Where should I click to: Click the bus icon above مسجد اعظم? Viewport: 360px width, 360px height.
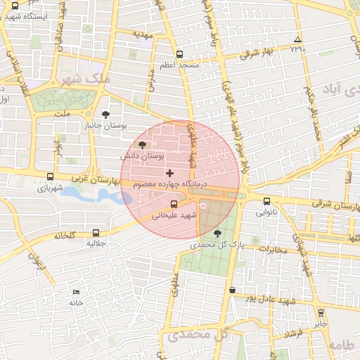click(179, 54)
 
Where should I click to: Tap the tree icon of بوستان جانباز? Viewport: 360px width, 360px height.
click(105, 114)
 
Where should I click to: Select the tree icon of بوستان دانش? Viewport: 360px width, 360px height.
click(143, 144)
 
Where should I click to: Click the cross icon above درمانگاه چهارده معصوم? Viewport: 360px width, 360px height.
click(169, 173)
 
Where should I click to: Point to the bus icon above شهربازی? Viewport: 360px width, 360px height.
click(49, 177)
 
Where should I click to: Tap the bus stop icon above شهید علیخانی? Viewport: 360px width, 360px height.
click(174, 204)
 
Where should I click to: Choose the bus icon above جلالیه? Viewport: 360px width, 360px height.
click(96, 233)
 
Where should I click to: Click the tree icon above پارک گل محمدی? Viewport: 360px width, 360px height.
click(216, 233)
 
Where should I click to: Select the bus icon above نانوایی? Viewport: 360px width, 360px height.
click(266, 202)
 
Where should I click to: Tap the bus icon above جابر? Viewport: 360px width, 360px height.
click(321, 313)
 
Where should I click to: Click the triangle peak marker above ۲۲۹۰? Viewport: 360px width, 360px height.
click(298, 39)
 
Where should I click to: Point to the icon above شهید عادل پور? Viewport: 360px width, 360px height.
click(232, 289)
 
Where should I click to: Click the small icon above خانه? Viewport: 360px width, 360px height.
click(76, 292)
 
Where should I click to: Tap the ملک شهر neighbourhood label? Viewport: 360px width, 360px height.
click(86, 79)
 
